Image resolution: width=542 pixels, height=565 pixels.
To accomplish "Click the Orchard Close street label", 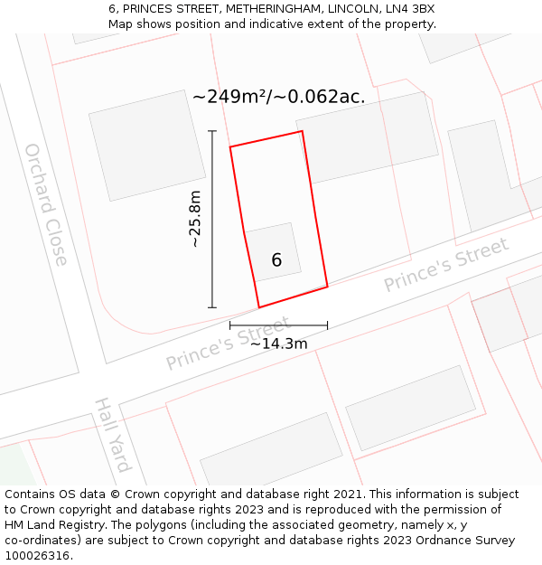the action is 46,204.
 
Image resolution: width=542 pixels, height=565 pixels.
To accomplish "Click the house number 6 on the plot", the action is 276,260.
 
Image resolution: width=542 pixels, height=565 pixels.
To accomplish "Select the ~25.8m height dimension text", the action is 195,220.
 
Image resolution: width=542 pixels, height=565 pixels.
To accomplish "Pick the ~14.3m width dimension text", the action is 278,344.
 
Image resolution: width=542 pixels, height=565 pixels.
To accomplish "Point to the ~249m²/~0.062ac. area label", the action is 279,97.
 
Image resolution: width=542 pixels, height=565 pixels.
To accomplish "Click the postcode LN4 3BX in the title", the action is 412,9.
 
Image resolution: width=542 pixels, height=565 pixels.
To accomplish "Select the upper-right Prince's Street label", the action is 446,265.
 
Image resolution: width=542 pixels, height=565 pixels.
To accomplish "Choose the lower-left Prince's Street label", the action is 228,344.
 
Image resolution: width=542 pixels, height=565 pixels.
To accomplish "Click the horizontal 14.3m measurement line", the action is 278,325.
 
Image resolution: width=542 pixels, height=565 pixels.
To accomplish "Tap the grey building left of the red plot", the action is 147,145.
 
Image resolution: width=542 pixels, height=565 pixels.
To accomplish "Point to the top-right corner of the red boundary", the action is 302,131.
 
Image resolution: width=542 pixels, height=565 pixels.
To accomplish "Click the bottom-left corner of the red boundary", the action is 259,307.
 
